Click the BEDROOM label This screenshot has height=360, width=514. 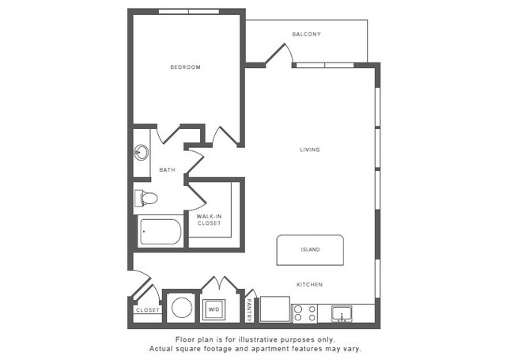185,67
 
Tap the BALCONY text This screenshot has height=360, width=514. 306,34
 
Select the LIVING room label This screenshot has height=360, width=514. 310,150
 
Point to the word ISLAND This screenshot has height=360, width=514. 310,250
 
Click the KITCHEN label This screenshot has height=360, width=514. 309,285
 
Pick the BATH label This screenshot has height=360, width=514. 167,169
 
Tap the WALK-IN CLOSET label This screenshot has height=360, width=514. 210,219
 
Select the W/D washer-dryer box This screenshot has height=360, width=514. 214,309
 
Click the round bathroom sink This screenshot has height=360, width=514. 142,152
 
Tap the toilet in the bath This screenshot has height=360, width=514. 146,198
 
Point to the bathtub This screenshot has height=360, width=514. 160,233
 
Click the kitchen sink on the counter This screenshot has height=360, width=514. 342,313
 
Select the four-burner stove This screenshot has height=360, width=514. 304,313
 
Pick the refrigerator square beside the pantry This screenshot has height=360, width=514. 274,309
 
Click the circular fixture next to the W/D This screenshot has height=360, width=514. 182,308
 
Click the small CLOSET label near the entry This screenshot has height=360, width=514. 147,310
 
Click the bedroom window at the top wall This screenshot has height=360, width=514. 184,11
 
